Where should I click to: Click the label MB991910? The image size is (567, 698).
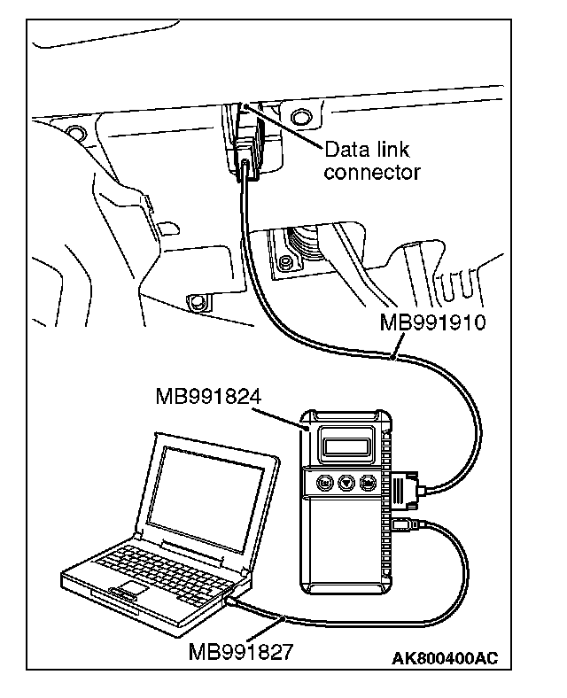[x=433, y=320]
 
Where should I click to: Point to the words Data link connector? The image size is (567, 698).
[x=370, y=160]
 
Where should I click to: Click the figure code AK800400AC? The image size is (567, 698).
[x=444, y=658]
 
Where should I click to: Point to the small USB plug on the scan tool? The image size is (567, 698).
[x=402, y=525]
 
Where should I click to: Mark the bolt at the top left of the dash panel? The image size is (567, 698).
[x=73, y=134]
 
